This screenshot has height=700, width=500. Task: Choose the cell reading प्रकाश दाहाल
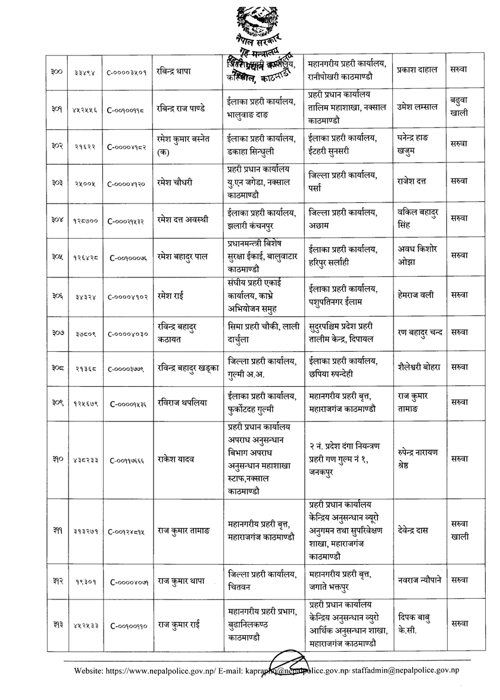coord(417,70)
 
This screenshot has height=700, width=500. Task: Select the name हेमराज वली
coord(415,295)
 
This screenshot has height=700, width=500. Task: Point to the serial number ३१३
coord(57,624)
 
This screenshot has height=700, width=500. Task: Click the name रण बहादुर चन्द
coord(419,332)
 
